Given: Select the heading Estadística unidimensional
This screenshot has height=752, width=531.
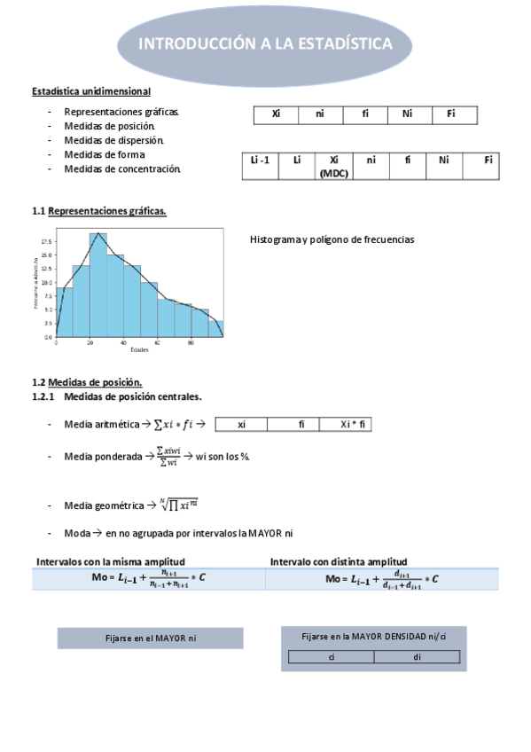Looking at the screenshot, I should (90, 91).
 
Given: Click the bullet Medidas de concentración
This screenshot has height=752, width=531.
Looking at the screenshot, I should (121, 168).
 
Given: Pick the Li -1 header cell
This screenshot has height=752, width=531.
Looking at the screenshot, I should (260, 161).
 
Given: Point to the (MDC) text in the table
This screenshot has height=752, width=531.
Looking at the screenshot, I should (333, 174).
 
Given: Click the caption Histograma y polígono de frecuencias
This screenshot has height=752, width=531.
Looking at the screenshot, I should (332, 239).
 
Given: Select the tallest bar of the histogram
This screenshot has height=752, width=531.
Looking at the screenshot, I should (98, 284).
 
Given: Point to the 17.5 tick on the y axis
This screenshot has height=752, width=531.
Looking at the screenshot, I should (46, 241).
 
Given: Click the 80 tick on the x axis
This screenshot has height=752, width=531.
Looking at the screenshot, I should (191, 342).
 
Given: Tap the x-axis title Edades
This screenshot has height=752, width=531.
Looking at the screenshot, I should (139, 349).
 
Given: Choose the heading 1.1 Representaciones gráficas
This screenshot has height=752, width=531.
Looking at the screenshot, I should (98, 211).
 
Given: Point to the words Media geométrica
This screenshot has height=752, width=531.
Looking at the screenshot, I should (104, 505).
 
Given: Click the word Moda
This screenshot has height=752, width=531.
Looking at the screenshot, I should (77, 533).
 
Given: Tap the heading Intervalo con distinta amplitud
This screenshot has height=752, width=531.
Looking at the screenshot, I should (338, 561).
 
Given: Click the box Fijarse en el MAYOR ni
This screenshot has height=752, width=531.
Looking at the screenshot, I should (150, 638).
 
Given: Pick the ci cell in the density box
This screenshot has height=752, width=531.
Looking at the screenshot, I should (331, 657).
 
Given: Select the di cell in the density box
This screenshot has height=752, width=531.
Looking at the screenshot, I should (417, 657).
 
